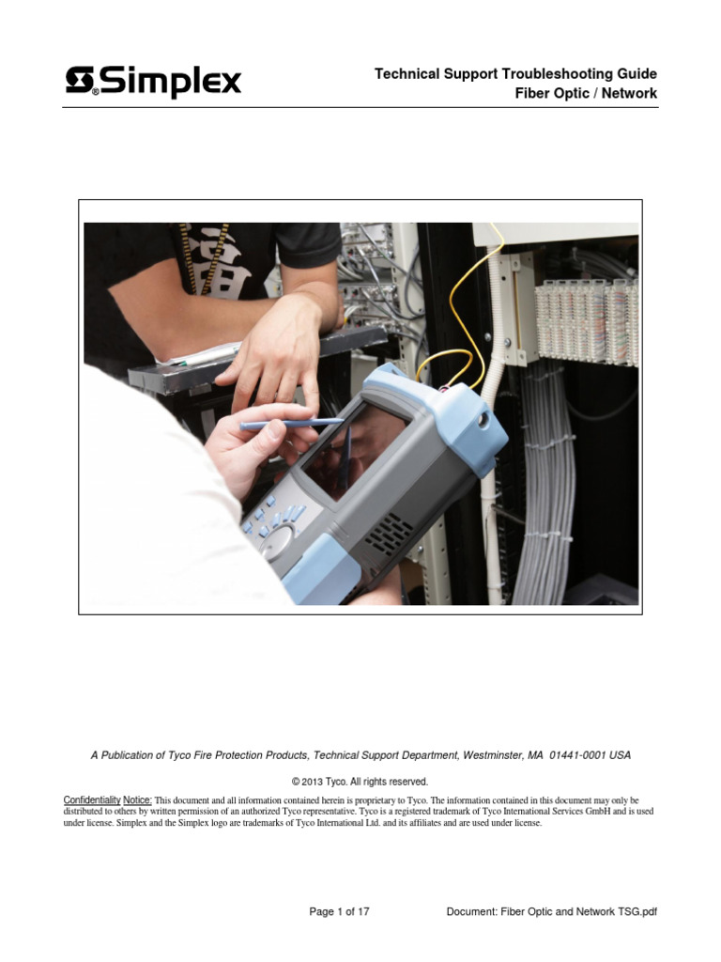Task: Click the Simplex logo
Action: coord(153,82)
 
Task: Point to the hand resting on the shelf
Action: coord(272,357)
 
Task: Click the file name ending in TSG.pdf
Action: coord(552,911)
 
